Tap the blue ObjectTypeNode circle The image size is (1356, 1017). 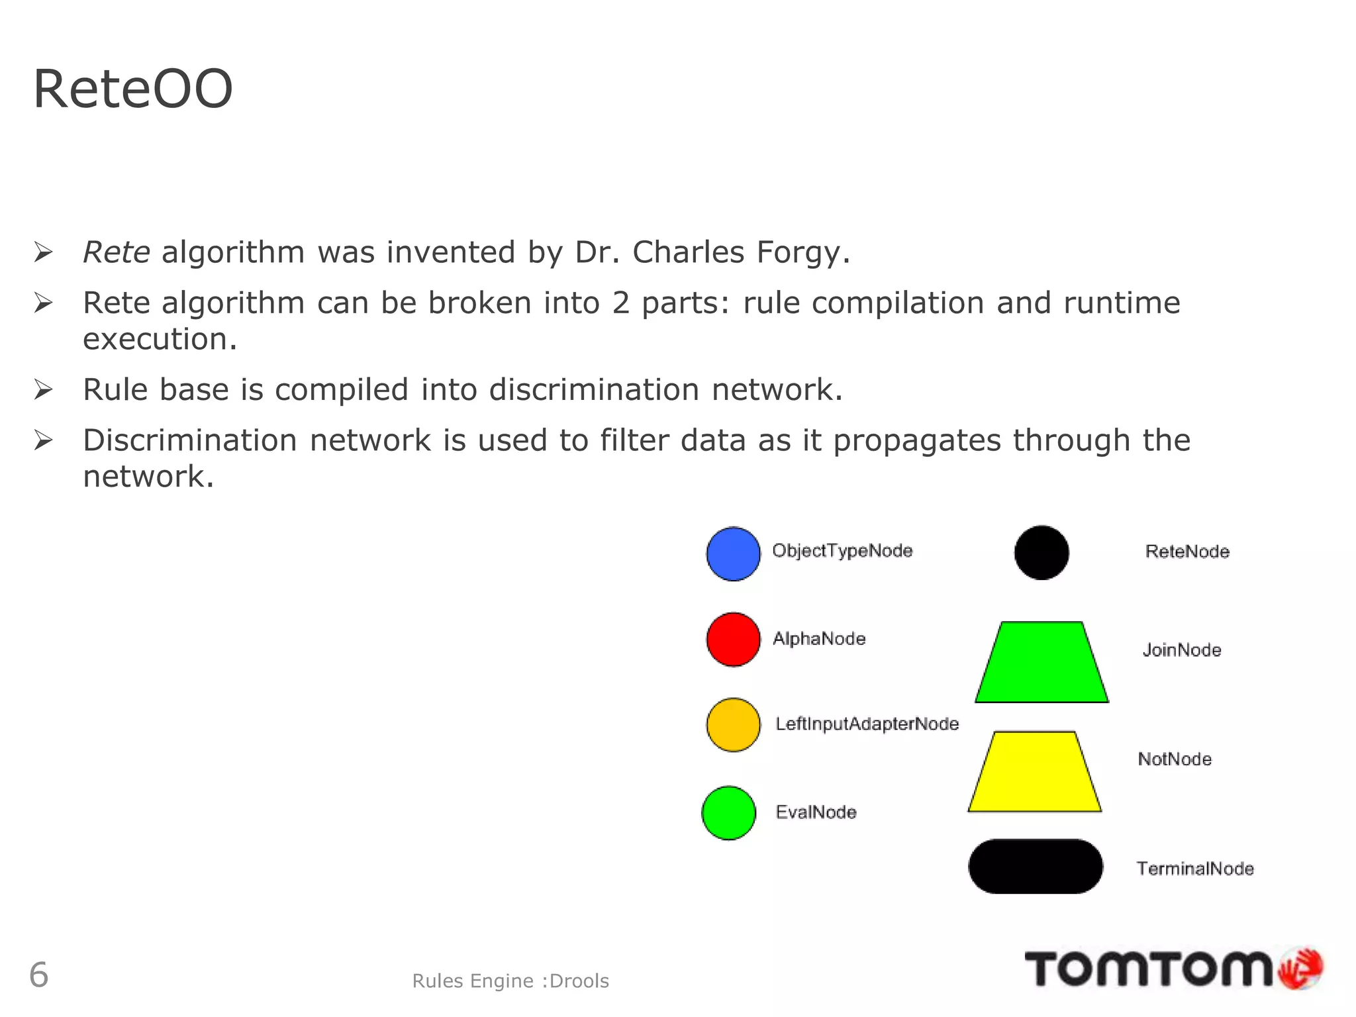click(733, 554)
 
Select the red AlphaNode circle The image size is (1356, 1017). click(733, 639)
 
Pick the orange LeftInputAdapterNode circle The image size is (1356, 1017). click(733, 724)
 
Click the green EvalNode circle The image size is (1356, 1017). click(728, 812)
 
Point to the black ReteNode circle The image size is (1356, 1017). click(1041, 553)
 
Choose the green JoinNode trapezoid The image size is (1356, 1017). click(1041, 662)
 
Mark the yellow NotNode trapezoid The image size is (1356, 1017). click(1034, 771)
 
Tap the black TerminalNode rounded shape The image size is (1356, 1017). click(1036, 867)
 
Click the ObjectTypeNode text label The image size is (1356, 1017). click(842, 551)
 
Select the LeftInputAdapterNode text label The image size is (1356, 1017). click(867, 724)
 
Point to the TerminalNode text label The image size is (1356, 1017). click(1195, 869)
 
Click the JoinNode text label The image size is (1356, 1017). click(1182, 650)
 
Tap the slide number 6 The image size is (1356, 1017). click(39, 975)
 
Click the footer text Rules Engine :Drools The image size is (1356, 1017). click(510, 981)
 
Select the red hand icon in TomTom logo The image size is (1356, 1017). click(1302, 969)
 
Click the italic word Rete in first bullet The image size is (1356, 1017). click(117, 252)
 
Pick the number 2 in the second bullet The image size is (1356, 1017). click(620, 303)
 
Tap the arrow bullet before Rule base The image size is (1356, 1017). click(44, 389)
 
